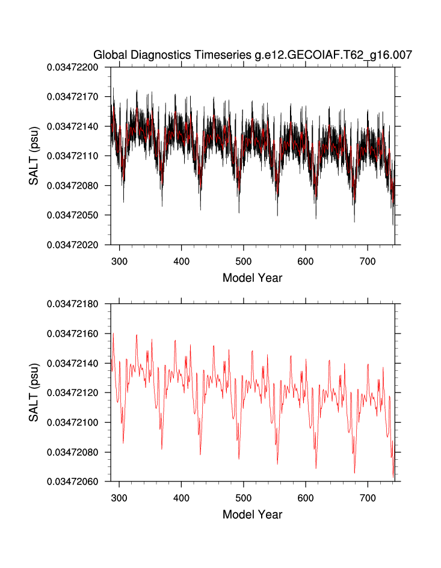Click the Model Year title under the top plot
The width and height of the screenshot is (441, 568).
click(252, 278)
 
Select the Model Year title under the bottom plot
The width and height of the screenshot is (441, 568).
click(252, 515)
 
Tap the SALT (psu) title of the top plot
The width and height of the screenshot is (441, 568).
click(35, 156)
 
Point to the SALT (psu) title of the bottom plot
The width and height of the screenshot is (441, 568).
click(35, 392)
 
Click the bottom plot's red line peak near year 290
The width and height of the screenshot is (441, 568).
click(113, 334)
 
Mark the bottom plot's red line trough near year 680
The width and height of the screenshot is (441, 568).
click(354, 456)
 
